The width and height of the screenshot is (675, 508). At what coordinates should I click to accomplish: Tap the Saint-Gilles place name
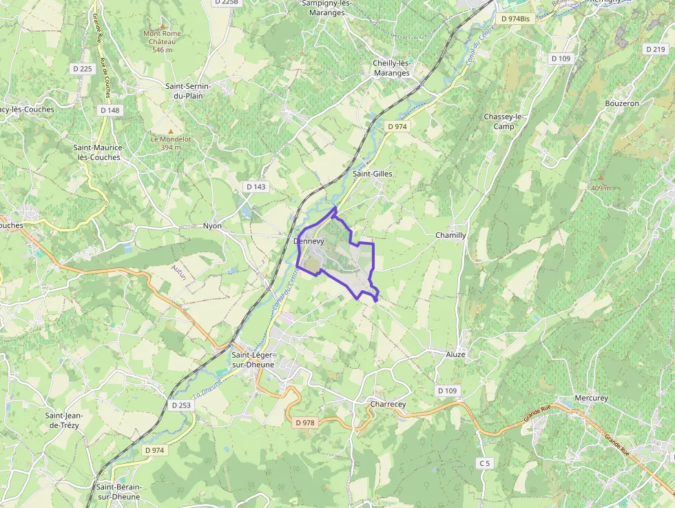coord(372,174)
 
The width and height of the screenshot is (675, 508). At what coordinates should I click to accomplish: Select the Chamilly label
coord(450,235)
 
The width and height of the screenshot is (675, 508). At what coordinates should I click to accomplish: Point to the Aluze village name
coord(455,354)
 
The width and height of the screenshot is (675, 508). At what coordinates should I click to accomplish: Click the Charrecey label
coord(388,404)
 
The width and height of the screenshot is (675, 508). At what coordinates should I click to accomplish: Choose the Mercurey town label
coord(591,398)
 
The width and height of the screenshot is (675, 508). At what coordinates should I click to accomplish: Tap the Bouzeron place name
coord(622,103)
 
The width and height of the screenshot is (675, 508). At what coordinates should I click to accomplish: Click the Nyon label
coord(212,226)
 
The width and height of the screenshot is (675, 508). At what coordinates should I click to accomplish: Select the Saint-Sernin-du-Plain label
coord(187,91)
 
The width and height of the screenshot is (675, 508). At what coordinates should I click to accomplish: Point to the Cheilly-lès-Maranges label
coord(391,68)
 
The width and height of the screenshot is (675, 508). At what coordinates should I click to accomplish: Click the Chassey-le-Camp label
coord(504,121)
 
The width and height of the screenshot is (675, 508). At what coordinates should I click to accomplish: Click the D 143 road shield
coord(256,187)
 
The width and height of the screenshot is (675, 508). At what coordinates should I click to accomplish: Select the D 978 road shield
coord(304,422)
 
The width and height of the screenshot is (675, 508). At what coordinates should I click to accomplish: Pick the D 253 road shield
coord(180,405)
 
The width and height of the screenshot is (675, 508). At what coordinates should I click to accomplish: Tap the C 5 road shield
coord(486,463)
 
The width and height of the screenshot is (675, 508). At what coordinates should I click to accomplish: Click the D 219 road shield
coord(655,49)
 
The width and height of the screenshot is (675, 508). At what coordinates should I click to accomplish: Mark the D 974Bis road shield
coord(517,19)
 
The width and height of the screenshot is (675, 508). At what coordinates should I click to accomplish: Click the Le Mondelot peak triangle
coord(171,130)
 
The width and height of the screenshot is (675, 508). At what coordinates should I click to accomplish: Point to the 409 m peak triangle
coord(600,178)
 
